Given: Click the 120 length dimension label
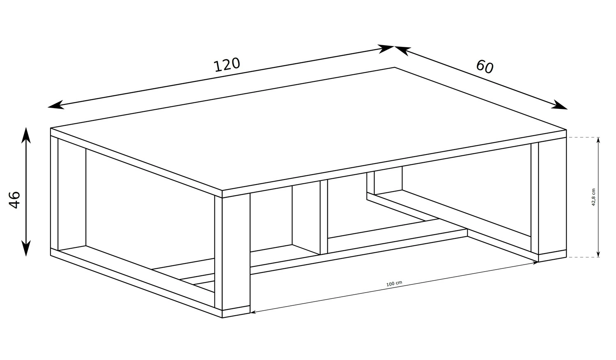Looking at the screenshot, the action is [x=227, y=65].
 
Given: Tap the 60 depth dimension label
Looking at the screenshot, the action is [x=485, y=67].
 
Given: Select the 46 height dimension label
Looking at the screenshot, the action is [x=14, y=200].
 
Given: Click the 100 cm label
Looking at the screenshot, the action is [x=394, y=284].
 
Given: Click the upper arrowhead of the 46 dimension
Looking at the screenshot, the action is [x=26, y=135].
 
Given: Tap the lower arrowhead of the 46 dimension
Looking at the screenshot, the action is [x=26, y=249].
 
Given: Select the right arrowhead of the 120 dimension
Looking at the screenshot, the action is [x=386, y=49].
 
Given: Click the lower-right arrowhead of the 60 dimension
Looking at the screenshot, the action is [x=559, y=105].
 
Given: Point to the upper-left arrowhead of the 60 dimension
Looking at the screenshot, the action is [x=403, y=51].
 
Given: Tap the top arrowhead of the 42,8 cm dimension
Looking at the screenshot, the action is [x=598, y=140].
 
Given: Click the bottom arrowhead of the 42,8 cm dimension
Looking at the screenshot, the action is [x=598, y=254].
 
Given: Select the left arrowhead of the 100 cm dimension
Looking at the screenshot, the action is [x=253, y=312].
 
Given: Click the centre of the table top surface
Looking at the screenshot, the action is [x=308, y=129].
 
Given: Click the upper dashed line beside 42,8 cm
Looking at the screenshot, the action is [x=583, y=137].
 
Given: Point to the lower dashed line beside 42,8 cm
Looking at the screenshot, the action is [x=583, y=257].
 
